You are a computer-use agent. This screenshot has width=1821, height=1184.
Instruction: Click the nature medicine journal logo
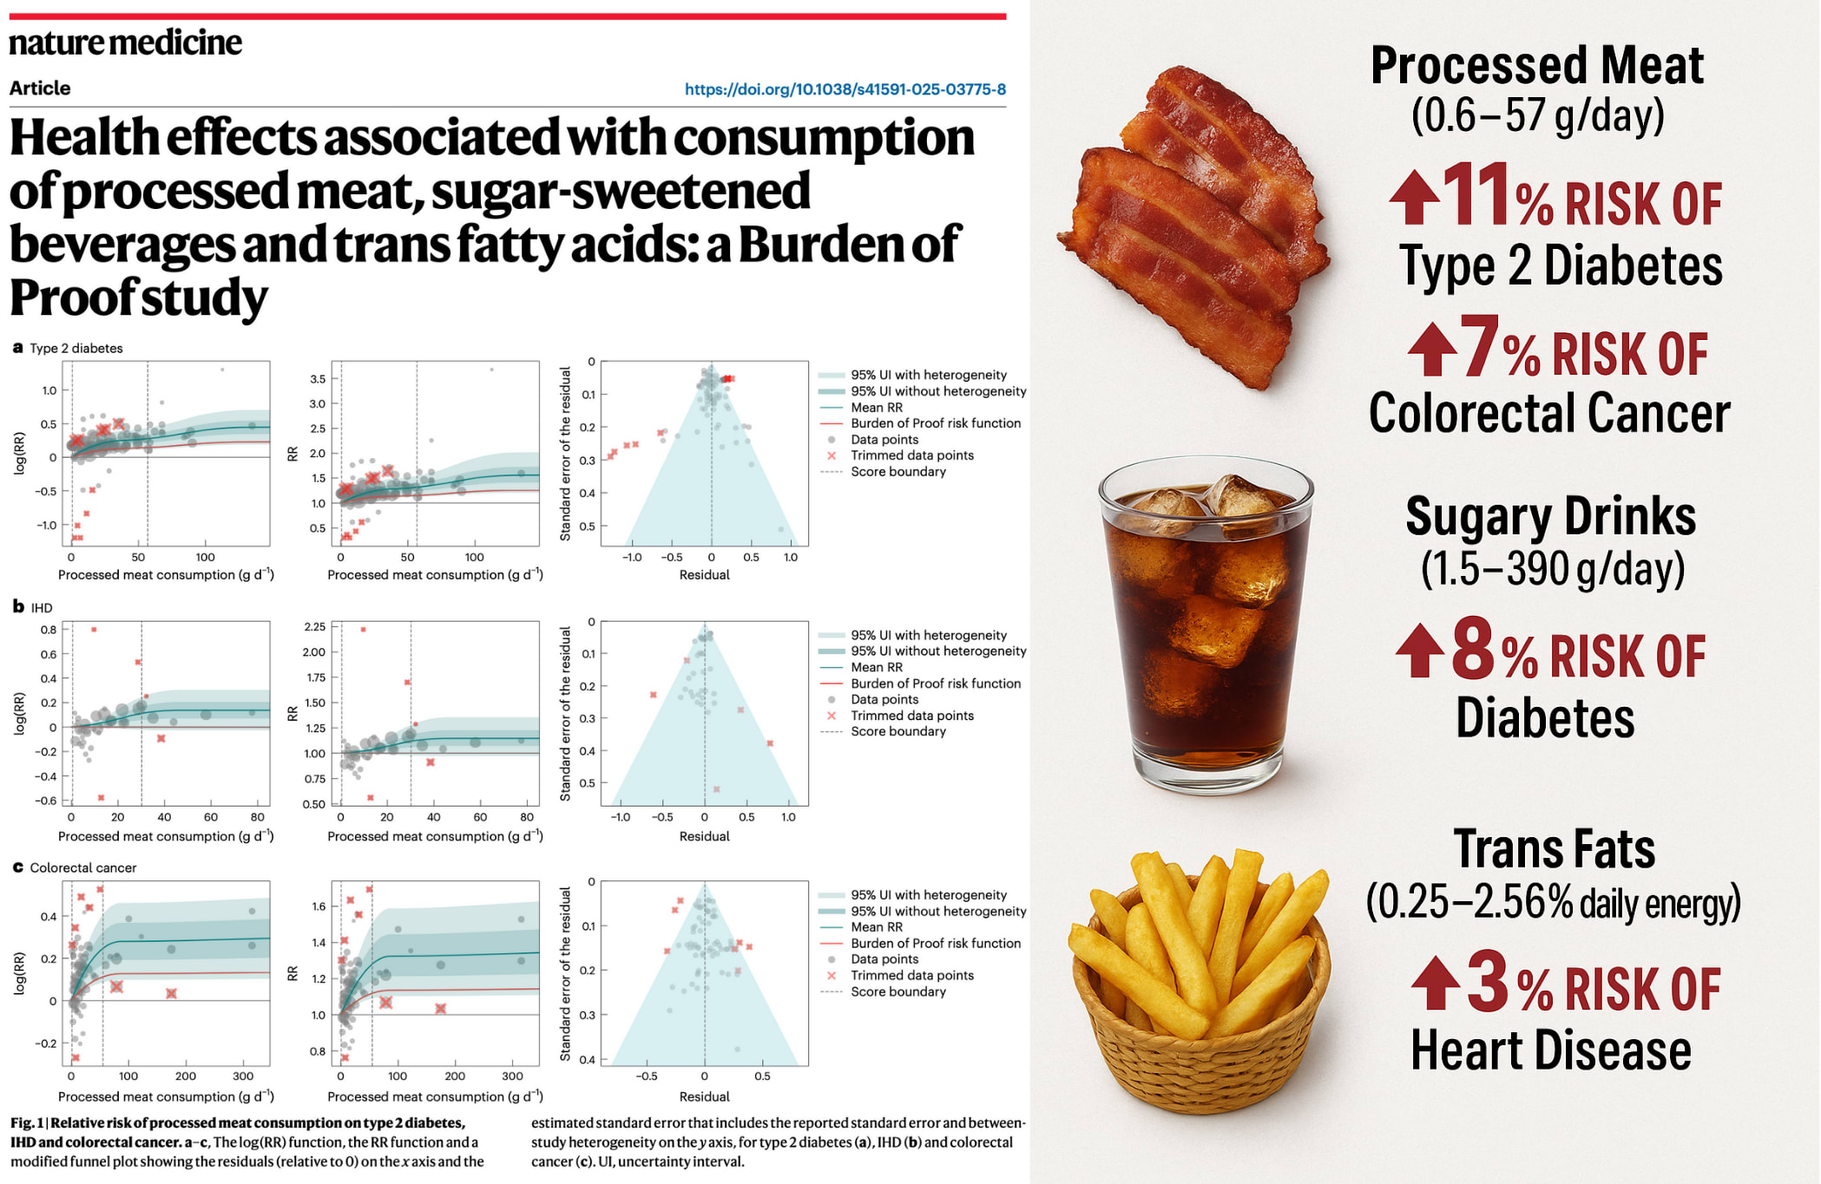(x=125, y=43)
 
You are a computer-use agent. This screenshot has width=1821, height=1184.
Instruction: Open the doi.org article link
(x=845, y=89)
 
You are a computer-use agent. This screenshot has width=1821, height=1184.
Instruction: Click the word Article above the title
(x=40, y=88)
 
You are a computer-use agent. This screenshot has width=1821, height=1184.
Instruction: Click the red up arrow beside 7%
(x=1431, y=350)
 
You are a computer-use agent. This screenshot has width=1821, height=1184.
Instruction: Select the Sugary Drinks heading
(x=1550, y=517)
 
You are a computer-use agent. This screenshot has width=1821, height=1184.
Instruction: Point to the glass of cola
(x=1206, y=625)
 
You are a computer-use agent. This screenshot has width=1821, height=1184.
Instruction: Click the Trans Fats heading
(x=1554, y=849)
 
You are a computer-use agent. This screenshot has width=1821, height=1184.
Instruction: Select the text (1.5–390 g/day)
(x=1552, y=570)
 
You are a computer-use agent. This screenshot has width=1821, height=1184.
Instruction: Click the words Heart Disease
(x=1550, y=1050)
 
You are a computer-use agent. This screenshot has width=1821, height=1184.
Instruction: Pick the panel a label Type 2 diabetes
(x=76, y=349)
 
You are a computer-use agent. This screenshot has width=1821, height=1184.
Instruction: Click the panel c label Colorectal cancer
(x=83, y=868)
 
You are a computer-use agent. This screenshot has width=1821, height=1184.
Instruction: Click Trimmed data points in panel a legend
(x=911, y=455)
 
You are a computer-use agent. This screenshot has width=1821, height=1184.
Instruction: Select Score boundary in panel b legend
(x=897, y=731)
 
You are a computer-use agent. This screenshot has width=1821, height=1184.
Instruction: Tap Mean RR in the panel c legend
(x=876, y=927)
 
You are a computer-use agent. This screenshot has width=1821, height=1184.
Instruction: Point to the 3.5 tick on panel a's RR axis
(x=318, y=379)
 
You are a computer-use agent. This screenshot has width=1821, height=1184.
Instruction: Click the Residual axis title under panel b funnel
(x=704, y=836)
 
